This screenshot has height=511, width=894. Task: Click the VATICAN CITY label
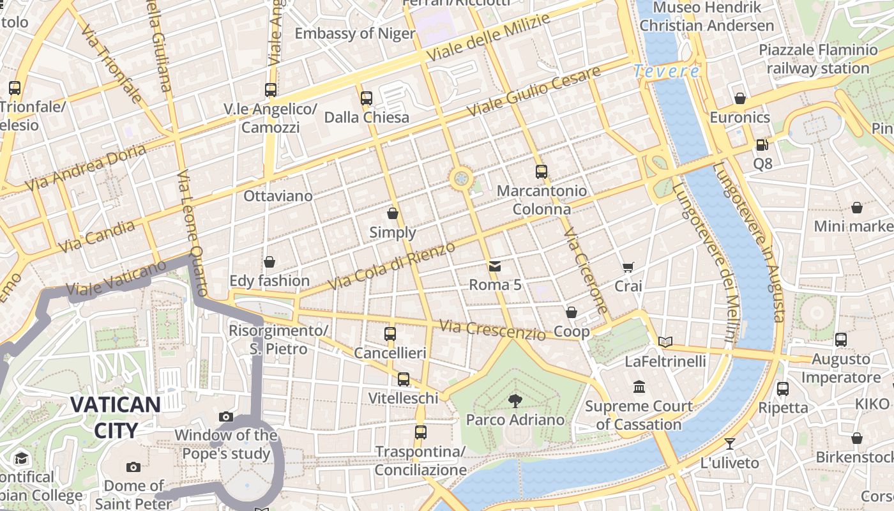(115, 417)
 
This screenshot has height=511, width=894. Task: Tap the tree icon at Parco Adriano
(515, 401)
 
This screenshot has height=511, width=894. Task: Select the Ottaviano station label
(278, 196)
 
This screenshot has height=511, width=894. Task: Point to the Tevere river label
(667, 72)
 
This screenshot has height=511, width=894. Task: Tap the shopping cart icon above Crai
(628, 268)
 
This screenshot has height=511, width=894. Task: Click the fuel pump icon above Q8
(762, 145)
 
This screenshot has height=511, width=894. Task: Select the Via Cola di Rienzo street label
(391, 265)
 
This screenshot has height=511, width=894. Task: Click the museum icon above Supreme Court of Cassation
(639, 387)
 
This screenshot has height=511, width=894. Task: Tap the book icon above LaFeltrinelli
(665, 342)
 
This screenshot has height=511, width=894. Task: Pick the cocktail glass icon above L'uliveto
(730, 443)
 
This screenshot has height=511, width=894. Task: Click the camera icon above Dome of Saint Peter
(133, 467)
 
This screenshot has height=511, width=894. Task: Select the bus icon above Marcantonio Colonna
(542, 172)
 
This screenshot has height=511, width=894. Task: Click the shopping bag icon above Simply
(393, 213)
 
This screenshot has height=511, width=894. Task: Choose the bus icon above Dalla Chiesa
(366, 98)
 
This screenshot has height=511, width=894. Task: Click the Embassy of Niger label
(355, 33)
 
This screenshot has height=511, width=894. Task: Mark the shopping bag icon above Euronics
(740, 98)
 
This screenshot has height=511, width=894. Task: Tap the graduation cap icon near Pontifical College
(21, 459)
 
